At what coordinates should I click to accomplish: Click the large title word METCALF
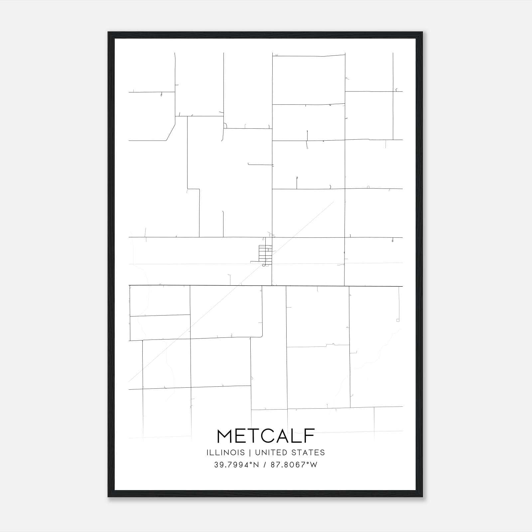pos(266,436)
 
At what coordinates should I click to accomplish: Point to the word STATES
pos(308,453)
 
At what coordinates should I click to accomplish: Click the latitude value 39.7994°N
pos(236,465)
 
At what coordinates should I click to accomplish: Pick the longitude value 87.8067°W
pos(294,465)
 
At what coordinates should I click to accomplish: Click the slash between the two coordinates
pos(265,465)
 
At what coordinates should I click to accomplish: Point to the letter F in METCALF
pos(309,436)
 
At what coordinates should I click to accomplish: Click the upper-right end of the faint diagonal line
pos(333,201)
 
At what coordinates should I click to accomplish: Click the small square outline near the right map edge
pos(398,320)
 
